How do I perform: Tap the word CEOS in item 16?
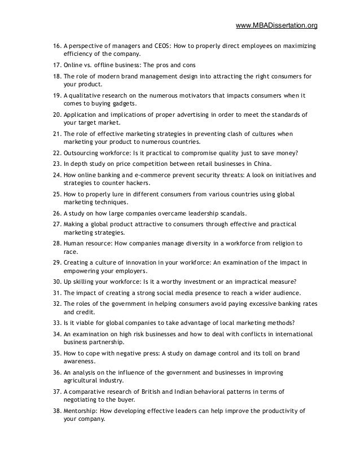[x=165, y=45]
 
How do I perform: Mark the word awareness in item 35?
[x=79, y=362]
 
